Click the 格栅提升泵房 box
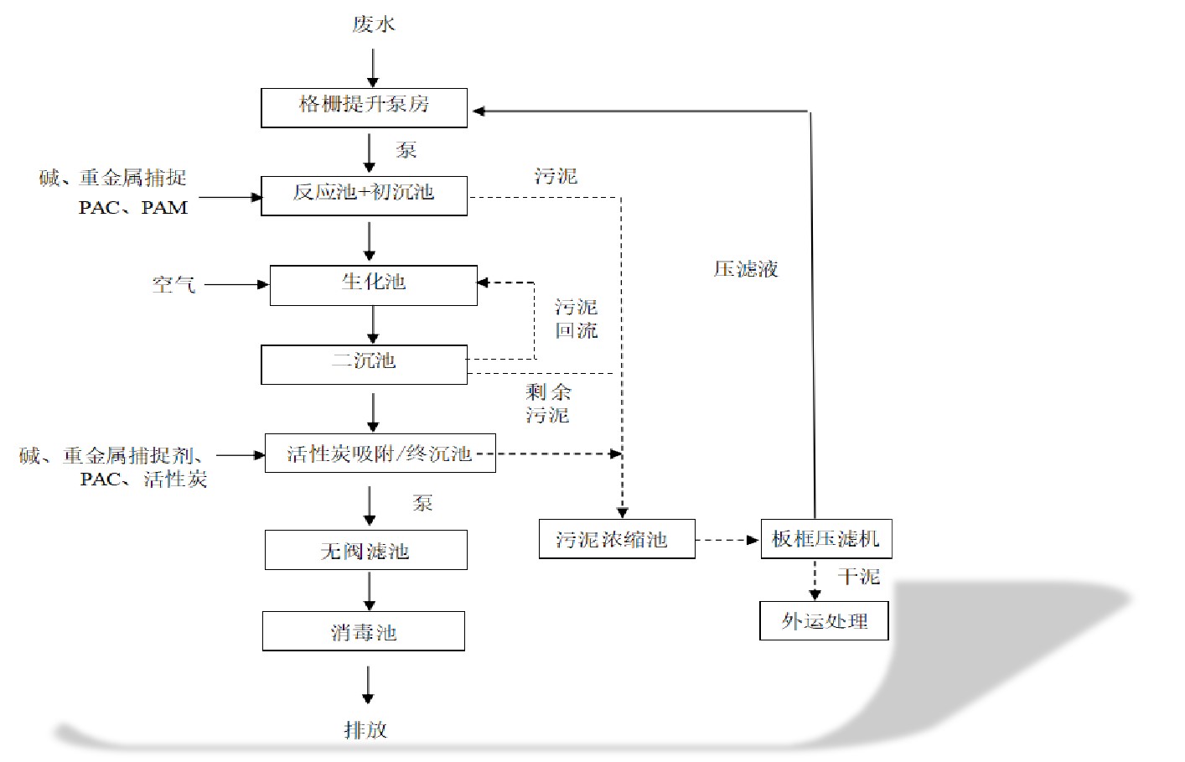[364, 108]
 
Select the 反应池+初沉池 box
[364, 195]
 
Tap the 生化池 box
[373, 285]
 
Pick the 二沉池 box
[364, 365]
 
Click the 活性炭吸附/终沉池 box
[380, 454]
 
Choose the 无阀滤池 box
[365, 550]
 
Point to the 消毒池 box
[363, 631]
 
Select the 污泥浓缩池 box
[616, 539]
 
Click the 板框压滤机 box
[825, 539]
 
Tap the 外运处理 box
[824, 621]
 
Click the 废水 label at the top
[373, 24]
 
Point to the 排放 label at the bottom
[366, 729]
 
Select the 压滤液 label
[746, 269]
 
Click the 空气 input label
[173, 285]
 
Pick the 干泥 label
[858, 577]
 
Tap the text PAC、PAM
[133, 208]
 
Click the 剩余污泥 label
[548, 403]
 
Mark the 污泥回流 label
[577, 319]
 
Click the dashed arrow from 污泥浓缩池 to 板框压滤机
[727, 540]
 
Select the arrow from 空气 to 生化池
[236, 285]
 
